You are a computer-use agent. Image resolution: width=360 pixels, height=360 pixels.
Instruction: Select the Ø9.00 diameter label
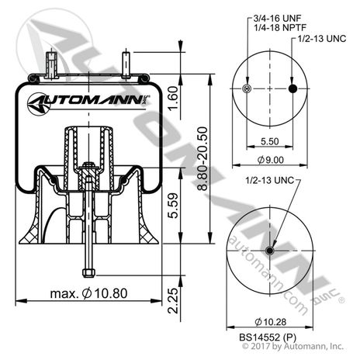click(270, 161)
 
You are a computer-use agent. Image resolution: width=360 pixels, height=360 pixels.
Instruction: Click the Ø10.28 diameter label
click(269, 321)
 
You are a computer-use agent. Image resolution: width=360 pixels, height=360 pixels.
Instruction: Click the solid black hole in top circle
click(293, 89)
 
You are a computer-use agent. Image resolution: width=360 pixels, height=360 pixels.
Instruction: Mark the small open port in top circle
click(246, 89)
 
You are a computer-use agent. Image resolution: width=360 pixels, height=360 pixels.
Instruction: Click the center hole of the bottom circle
click(269, 250)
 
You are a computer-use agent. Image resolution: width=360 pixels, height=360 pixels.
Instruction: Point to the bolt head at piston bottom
click(88, 272)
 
